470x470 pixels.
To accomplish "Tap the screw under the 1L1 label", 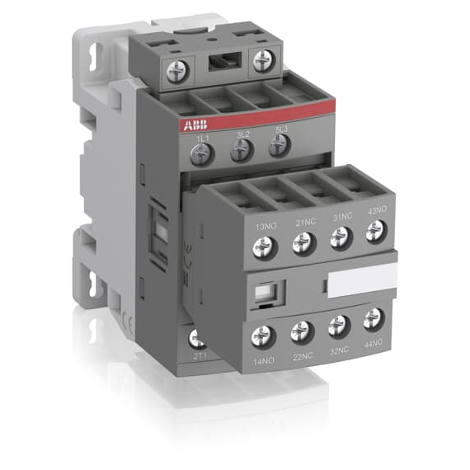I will tap(200, 153).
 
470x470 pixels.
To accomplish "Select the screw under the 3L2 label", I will tap(240, 149).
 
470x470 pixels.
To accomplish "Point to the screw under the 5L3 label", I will tap(280, 144).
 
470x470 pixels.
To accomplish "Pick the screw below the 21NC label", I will tap(303, 242).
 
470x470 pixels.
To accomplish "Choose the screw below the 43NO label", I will tap(376, 232).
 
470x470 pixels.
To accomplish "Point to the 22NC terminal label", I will tap(302, 356).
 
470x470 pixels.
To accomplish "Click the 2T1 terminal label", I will tap(199, 355).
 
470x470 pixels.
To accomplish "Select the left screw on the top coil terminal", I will tap(177, 71).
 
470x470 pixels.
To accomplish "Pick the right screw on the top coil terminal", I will tap(263, 60).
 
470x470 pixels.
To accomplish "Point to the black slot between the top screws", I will tap(220, 63).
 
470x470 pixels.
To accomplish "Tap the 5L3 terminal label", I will tap(281, 129).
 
